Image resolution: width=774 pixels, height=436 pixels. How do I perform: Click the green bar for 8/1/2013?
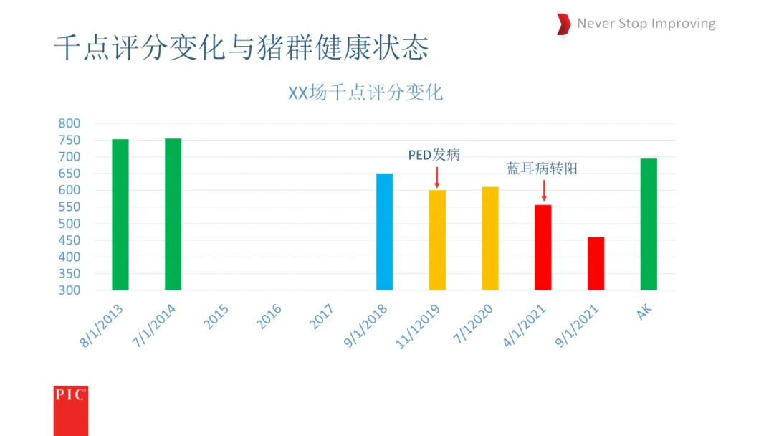coord(120,214)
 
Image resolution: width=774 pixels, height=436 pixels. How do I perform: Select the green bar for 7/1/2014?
coord(173,214)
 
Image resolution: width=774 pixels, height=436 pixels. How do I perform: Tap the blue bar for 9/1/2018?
coord(385,232)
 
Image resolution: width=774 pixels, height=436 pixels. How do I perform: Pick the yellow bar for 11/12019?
coord(437,240)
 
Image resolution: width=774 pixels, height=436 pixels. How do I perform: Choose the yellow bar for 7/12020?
coord(490,239)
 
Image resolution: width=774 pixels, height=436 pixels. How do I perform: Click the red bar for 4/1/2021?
coord(543,247)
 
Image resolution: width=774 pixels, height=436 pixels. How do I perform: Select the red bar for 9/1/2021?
coord(596,264)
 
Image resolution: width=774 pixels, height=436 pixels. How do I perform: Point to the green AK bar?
coord(649,224)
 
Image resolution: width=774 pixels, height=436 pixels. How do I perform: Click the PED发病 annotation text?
coord(434,155)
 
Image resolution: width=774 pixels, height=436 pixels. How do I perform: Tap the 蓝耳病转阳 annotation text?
coord(542,169)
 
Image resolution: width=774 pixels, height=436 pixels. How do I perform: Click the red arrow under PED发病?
coord(437,178)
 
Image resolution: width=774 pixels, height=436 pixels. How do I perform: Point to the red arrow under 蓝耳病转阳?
coord(544,191)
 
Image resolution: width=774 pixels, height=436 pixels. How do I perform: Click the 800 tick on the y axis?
coord(69,123)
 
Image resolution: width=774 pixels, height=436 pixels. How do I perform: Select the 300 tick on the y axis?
coord(69,290)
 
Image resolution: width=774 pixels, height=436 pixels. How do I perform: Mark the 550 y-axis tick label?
coord(69,207)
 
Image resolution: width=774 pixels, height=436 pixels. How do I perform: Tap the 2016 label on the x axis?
coord(269,317)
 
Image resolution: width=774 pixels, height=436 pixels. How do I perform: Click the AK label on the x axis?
coord(644,312)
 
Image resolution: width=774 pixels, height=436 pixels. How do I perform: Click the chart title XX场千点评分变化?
coord(365,93)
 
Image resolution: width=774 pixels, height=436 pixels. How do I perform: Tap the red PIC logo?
coord(70,411)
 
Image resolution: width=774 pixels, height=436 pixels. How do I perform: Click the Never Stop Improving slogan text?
coord(646,23)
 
